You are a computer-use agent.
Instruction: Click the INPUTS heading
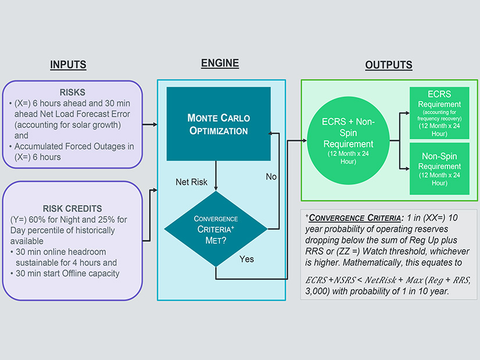click(68, 64)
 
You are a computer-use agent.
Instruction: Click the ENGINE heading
click(220, 63)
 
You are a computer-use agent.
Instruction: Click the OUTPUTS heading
click(388, 65)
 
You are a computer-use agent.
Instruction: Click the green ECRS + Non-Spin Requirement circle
click(349, 139)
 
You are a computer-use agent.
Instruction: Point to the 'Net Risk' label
click(192, 182)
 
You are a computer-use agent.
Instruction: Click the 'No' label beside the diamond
click(271, 177)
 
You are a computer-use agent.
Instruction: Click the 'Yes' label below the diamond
click(247, 259)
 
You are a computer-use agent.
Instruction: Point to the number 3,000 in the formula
click(317, 291)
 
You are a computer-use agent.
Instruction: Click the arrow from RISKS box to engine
click(149, 124)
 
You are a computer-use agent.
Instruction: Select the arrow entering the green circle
click(296, 140)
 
